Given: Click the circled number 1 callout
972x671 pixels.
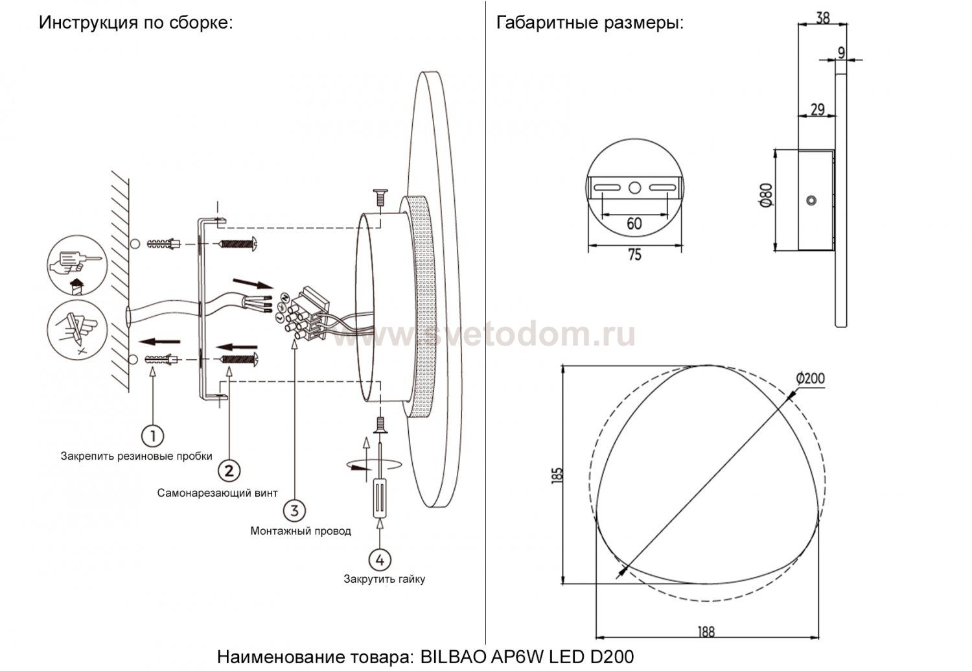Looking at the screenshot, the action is [153, 436].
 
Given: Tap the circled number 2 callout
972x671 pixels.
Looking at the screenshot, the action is [229, 471].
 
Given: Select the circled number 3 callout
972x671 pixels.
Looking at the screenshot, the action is [295, 510].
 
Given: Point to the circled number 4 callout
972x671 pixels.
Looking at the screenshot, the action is [380, 560].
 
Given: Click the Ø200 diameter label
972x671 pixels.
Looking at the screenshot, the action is [810, 379].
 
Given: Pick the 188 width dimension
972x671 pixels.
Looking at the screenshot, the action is [706, 632].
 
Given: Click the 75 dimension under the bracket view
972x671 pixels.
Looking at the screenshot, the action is [634, 255].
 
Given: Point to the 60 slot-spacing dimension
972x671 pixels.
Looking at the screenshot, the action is [634, 224].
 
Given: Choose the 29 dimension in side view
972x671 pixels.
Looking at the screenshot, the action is [818, 109].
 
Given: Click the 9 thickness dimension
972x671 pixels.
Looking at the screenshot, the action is [841, 53].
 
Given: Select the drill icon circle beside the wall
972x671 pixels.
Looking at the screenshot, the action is [77, 265].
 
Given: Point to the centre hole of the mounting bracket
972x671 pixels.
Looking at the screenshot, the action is [635, 188].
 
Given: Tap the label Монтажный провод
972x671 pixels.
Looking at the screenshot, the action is [301, 531].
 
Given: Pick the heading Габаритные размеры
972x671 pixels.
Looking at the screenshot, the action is [590, 23].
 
